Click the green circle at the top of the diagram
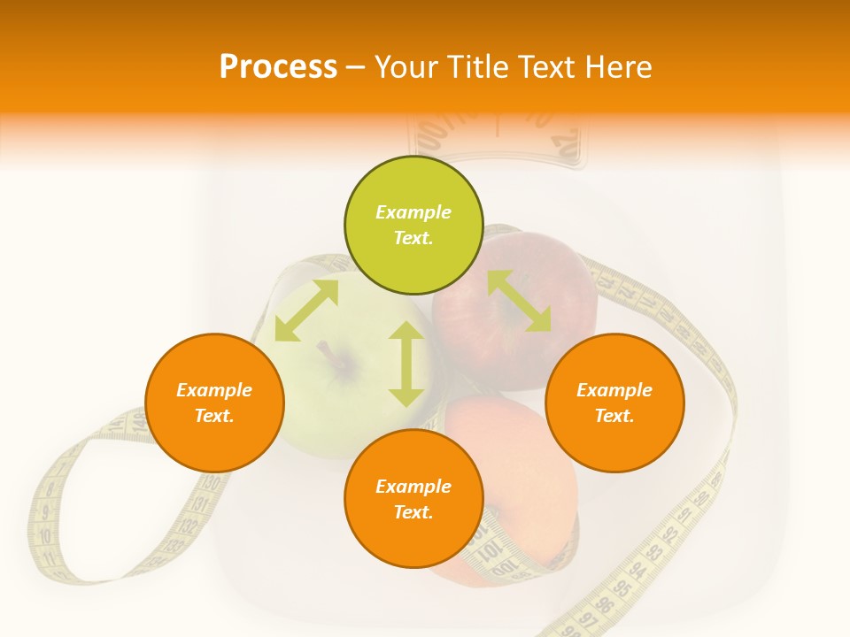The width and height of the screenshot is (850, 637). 413,225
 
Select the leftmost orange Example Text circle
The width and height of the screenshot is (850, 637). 214,403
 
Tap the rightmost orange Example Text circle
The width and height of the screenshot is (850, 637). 614,403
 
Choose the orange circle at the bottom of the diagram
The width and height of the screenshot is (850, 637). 413,499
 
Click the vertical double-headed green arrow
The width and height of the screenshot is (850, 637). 406,364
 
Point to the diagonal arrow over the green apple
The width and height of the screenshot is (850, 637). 306,311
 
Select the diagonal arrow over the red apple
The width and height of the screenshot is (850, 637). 519,301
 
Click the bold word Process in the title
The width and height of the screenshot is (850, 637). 278,66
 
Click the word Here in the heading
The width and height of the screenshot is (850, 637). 621,66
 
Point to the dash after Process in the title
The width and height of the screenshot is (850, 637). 356,67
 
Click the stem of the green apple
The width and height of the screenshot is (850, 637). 331,352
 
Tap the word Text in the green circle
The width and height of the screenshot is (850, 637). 413,238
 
